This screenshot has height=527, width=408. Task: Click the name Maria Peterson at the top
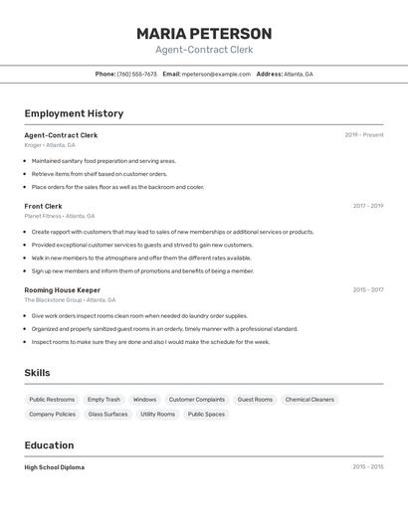(204, 33)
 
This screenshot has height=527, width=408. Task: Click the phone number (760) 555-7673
(136, 74)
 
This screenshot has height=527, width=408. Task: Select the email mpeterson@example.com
(216, 74)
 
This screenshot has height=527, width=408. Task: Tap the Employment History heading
(74, 113)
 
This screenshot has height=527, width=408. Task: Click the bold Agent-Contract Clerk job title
(61, 135)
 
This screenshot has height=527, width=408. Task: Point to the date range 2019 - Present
(363, 135)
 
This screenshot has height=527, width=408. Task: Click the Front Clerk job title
(43, 206)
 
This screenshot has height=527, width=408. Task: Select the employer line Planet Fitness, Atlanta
(60, 216)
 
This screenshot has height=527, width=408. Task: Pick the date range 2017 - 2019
(367, 206)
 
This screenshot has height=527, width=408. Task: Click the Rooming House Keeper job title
(63, 290)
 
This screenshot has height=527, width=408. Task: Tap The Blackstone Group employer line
(70, 299)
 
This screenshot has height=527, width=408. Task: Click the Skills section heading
(37, 373)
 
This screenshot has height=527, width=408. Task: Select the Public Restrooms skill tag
(52, 400)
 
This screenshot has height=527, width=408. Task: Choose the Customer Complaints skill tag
(196, 400)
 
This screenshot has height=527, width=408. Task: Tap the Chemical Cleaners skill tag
(309, 400)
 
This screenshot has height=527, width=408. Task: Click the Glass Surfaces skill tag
(107, 414)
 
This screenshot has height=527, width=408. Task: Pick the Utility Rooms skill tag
(157, 414)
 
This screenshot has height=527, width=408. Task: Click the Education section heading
(49, 445)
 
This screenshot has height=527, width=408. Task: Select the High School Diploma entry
(54, 467)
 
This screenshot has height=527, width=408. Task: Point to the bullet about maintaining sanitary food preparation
(103, 160)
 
